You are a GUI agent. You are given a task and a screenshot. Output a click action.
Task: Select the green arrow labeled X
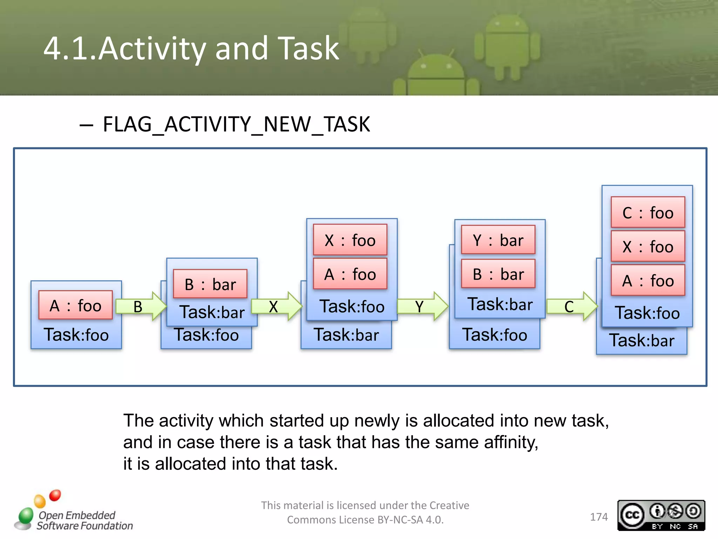(x=276, y=306)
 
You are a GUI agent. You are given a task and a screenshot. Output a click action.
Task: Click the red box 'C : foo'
(x=648, y=213)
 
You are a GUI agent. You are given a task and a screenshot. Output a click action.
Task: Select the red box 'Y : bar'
(x=498, y=240)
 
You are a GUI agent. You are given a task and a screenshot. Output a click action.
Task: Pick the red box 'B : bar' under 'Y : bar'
(x=498, y=274)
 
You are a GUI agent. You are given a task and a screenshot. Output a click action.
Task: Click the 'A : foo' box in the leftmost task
(x=75, y=305)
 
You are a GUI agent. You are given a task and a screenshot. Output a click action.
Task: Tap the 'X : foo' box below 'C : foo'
(x=648, y=246)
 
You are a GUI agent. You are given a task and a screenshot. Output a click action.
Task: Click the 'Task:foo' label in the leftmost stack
(x=76, y=334)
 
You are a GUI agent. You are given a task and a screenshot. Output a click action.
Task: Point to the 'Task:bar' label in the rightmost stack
(x=642, y=340)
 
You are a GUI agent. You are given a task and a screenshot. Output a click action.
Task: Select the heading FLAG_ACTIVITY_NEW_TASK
(x=236, y=124)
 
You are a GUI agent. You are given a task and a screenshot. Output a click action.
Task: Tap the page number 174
(x=598, y=517)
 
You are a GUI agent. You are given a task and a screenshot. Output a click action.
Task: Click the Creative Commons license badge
(x=661, y=515)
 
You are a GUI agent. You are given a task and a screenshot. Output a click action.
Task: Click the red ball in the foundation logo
(x=55, y=495)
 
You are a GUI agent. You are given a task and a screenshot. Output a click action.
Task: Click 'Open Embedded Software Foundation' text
(x=84, y=520)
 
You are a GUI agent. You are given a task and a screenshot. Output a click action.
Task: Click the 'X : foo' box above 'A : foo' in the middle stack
(x=350, y=240)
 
